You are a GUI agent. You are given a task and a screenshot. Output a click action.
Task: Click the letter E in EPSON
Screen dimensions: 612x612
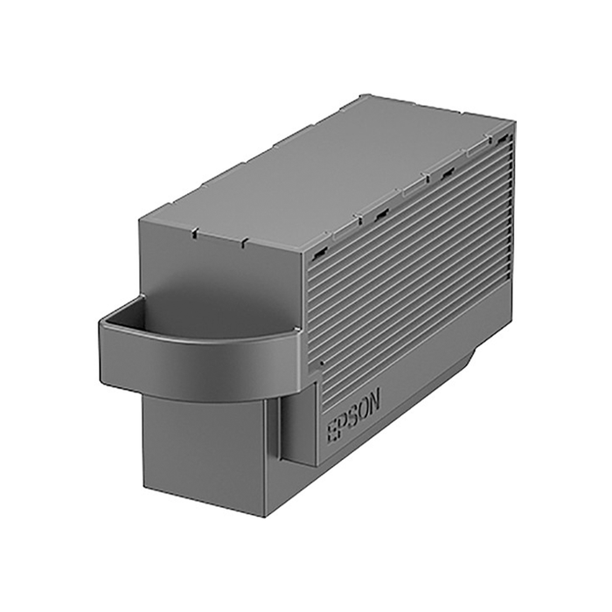coord(333,433)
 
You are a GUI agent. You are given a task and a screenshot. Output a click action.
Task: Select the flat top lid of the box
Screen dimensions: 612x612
coord(332,175)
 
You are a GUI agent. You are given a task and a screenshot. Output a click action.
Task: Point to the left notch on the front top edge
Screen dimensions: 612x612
coord(194,233)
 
